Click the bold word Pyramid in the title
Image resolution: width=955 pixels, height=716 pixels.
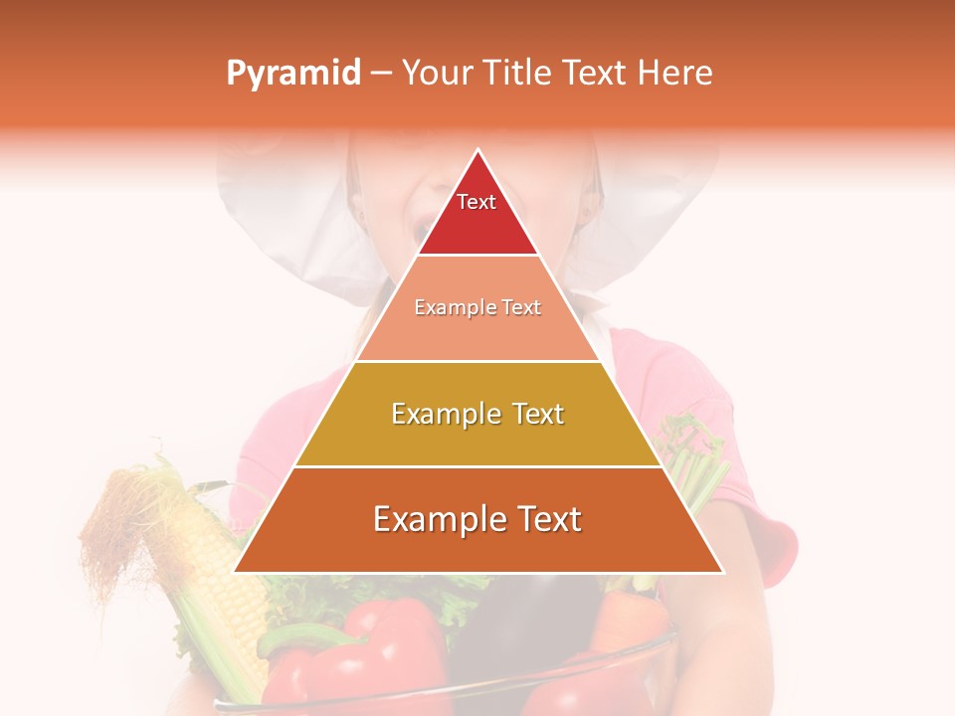(x=292, y=74)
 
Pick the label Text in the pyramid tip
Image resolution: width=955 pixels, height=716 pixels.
(x=477, y=202)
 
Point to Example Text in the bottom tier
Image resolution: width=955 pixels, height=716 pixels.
(x=477, y=519)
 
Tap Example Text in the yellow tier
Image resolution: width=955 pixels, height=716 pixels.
(x=477, y=414)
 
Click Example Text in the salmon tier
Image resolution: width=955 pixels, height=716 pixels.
(x=477, y=307)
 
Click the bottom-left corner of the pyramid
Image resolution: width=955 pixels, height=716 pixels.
(x=236, y=571)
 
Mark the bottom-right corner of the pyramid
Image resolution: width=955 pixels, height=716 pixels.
(x=721, y=571)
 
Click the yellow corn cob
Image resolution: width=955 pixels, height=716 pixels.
(x=224, y=587)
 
